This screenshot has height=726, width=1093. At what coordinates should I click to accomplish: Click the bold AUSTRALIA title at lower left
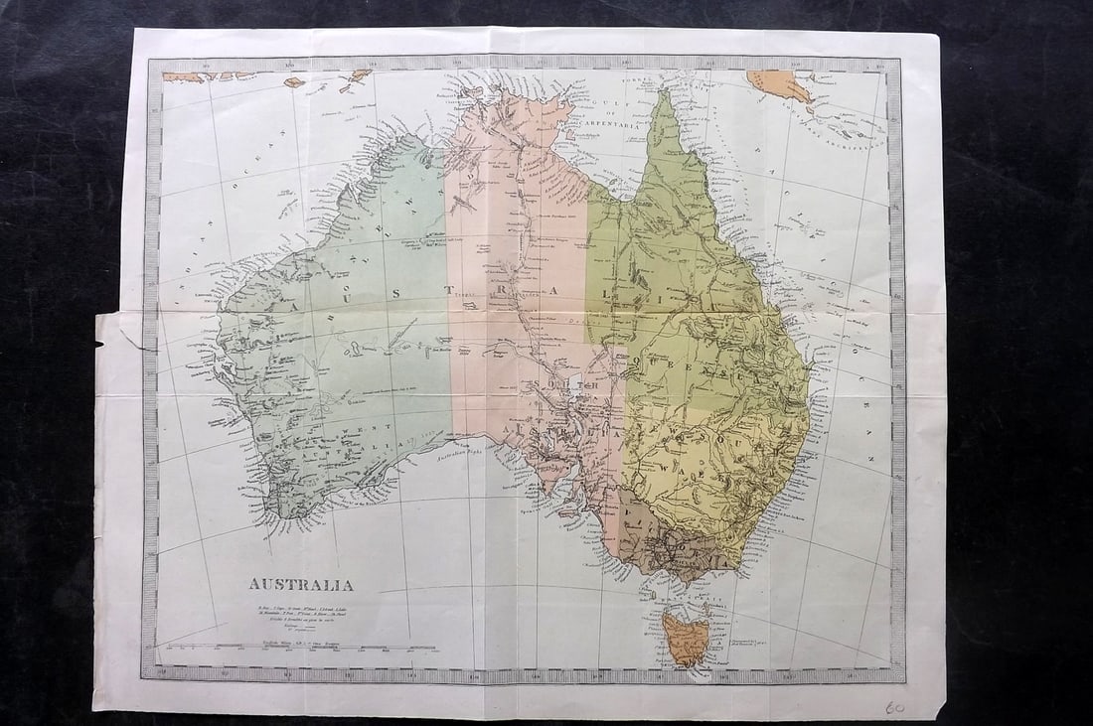click(300, 585)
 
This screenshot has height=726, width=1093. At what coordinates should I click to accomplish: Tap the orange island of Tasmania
click(684, 638)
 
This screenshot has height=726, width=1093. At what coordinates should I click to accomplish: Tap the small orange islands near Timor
click(353, 77)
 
